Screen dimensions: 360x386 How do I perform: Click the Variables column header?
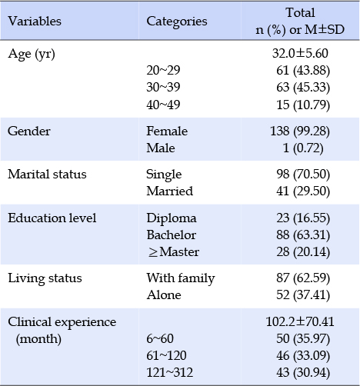pos(35,21)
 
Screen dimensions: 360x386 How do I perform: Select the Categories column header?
pos(177,22)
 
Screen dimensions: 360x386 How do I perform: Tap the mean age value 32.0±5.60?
pos(300,53)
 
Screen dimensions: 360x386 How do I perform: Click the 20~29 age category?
pos(163,70)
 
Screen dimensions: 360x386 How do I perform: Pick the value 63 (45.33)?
pos(303,88)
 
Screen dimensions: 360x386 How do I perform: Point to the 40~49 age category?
pos(163,105)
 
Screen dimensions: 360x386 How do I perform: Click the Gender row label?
pos(29,131)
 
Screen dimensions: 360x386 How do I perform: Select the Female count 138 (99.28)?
pos(300,131)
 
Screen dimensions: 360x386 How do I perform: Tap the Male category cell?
pos(161,148)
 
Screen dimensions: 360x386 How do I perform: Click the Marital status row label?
pos(47,175)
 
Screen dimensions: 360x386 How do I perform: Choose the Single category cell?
pos(164,175)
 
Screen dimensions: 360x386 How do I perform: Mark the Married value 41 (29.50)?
pos(303,191)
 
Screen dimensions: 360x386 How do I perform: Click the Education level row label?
pos(52,218)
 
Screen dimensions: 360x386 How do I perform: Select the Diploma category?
pos(172,218)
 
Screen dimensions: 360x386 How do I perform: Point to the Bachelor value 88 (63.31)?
pos(303,235)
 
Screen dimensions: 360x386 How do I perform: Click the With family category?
pos(181,278)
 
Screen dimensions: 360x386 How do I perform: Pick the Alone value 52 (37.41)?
pos(303,295)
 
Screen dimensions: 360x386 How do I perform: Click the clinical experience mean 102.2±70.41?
pos(300,322)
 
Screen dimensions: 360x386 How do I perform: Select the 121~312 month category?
pos(169,372)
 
